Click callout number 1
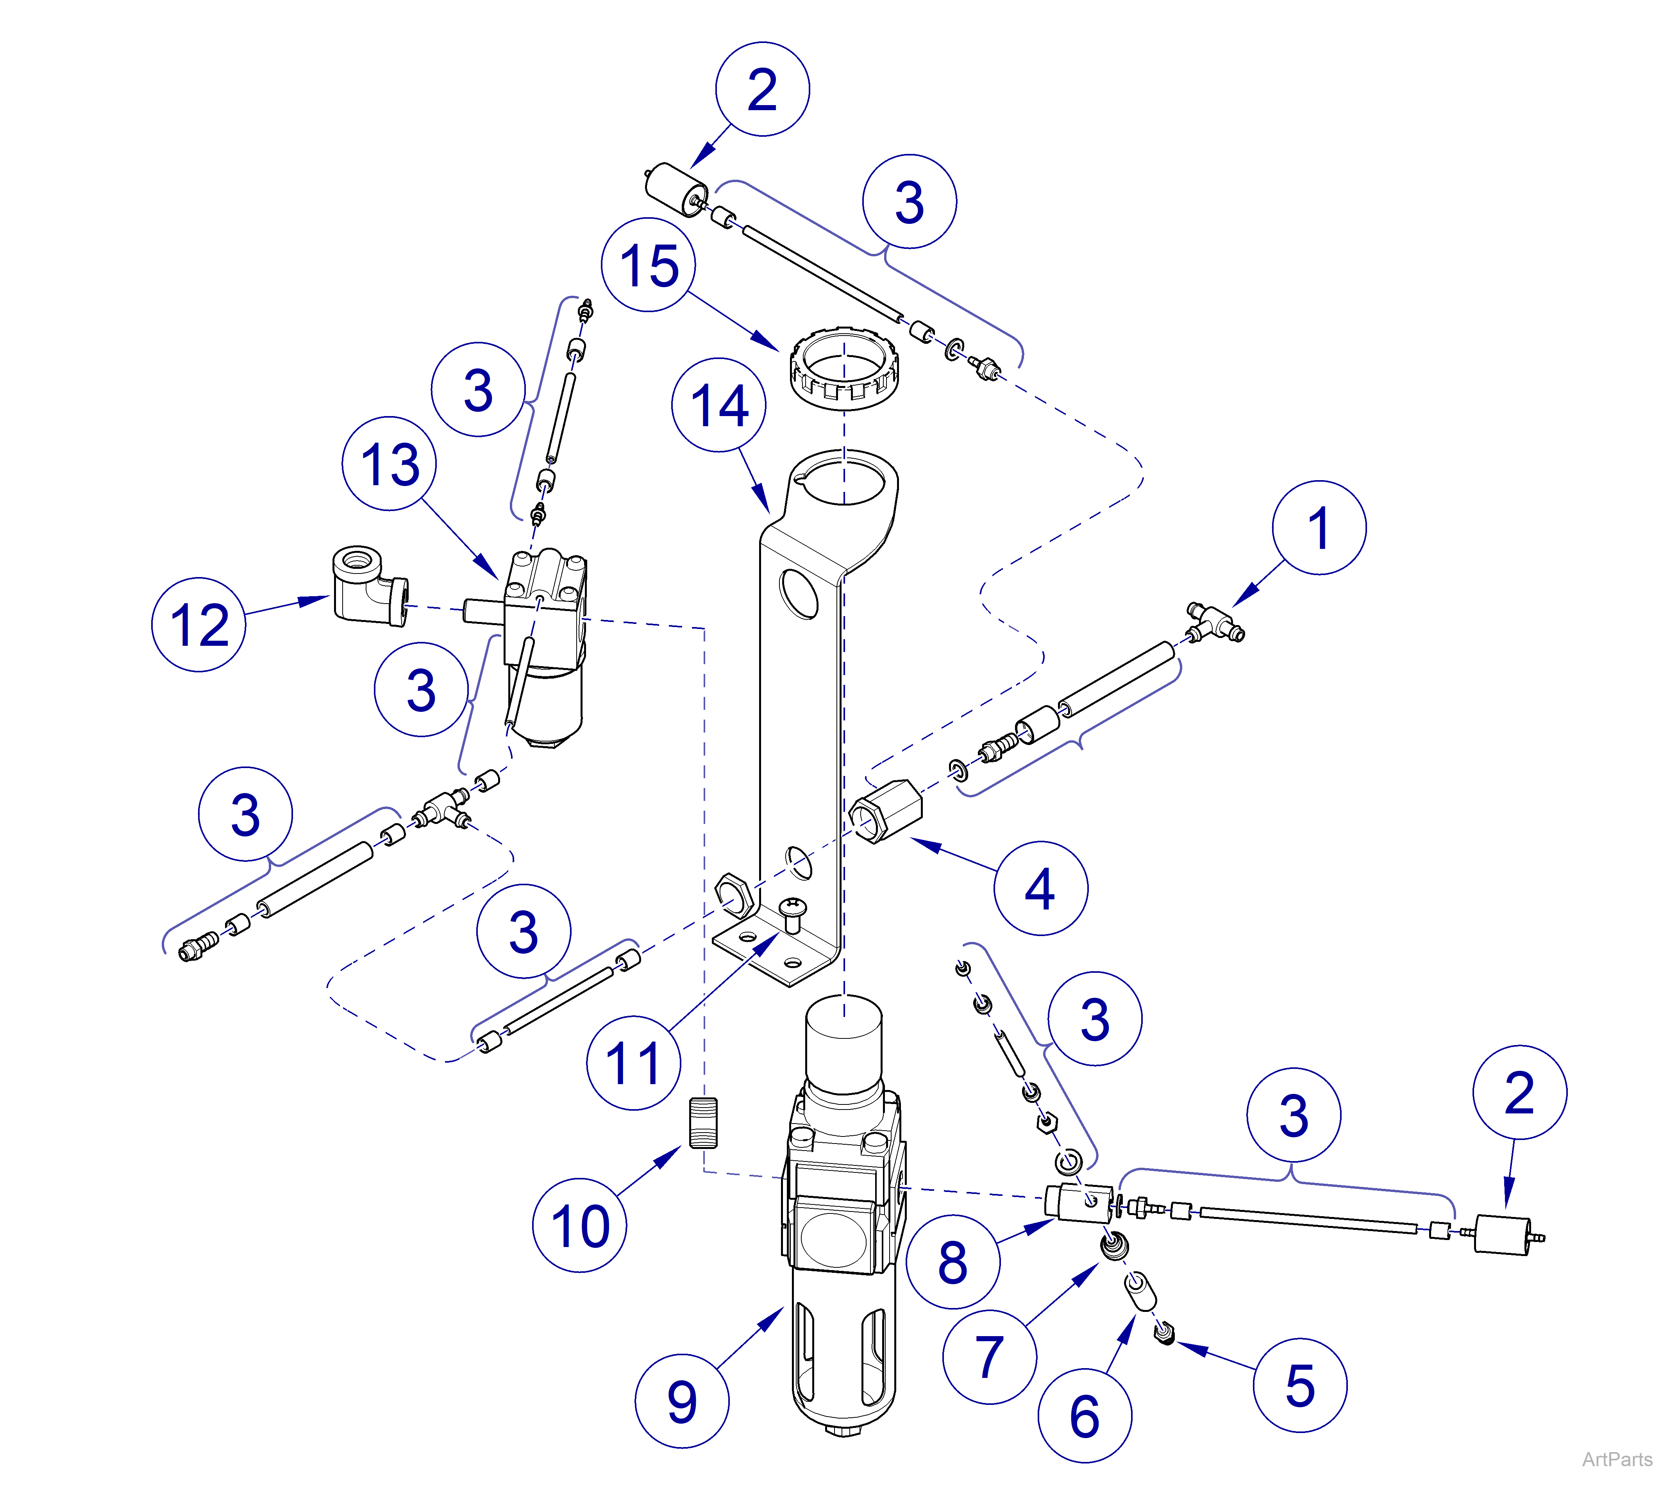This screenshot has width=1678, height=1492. (1319, 527)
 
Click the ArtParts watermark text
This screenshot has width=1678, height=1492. (1616, 1459)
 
